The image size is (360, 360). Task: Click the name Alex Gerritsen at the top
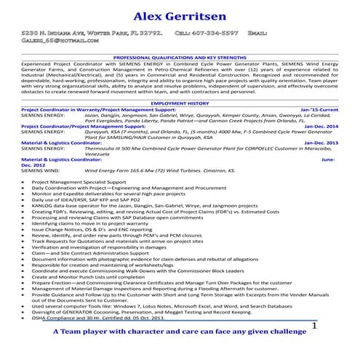tap(179, 15)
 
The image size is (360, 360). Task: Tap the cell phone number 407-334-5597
tap(215, 33)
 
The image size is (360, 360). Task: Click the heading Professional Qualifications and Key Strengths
tap(179, 56)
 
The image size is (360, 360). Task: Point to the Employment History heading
tap(179, 103)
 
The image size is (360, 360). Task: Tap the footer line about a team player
tap(179, 333)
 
